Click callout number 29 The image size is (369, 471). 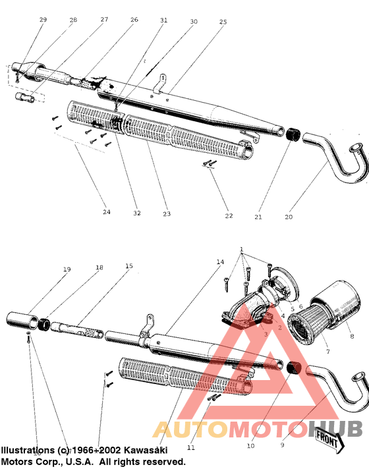pyautogui.click(x=43, y=20)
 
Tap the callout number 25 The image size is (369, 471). pyautogui.click(x=223, y=22)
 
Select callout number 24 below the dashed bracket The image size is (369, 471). pyautogui.click(x=107, y=211)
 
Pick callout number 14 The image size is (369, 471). pyautogui.click(x=220, y=262)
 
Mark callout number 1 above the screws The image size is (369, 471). pyautogui.click(x=242, y=250)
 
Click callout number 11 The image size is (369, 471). pyautogui.click(x=192, y=447)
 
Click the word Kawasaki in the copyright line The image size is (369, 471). pyautogui.click(x=148, y=450)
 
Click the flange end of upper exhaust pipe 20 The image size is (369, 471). pyautogui.click(x=356, y=150)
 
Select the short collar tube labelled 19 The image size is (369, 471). pyautogui.click(x=23, y=321)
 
